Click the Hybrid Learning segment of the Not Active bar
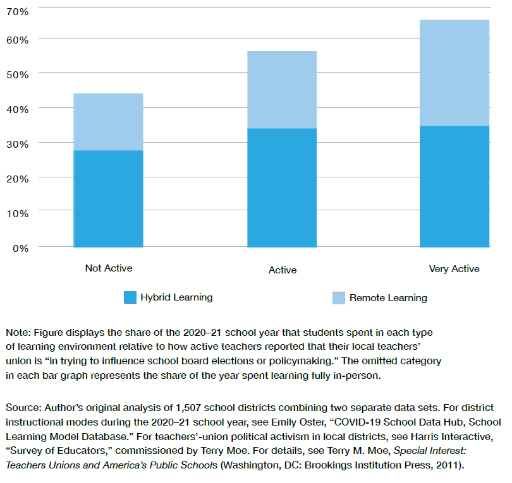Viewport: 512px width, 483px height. click(x=108, y=198)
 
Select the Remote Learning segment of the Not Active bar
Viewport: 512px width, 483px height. click(x=108, y=122)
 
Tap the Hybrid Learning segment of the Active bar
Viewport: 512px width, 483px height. click(x=282, y=188)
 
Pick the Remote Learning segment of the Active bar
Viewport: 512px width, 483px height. click(x=282, y=90)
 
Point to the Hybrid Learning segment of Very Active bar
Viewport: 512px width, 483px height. click(x=454, y=186)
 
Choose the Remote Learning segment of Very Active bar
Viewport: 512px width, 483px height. click(x=454, y=73)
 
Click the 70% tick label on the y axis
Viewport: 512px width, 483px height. click(x=18, y=11)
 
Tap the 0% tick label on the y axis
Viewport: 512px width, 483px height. click(x=21, y=248)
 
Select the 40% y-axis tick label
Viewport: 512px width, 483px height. click(x=18, y=109)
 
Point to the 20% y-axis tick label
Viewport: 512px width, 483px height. click(x=18, y=179)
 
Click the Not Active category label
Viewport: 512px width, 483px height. click(x=109, y=268)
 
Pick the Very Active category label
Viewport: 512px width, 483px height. click(x=454, y=269)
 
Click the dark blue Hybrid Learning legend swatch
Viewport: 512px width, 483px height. click(x=130, y=297)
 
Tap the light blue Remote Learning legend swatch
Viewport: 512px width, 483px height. click(x=339, y=297)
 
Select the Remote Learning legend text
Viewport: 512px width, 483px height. click(x=388, y=298)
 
